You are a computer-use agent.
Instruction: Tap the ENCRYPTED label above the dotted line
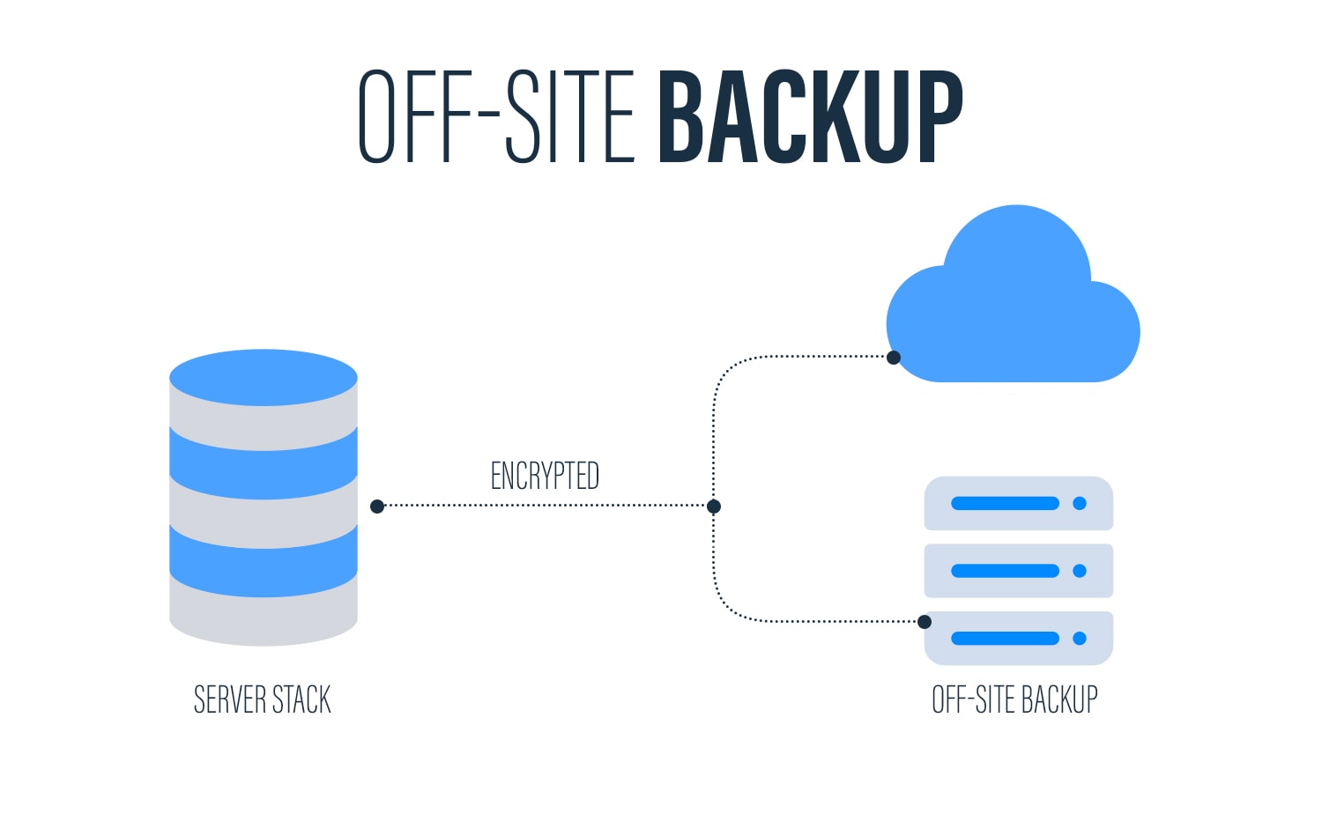click(545, 476)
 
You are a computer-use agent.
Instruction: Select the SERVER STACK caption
click(263, 700)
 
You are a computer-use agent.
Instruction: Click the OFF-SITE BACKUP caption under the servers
click(1014, 700)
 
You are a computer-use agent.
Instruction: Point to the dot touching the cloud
click(894, 358)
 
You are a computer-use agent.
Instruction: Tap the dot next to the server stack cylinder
click(377, 507)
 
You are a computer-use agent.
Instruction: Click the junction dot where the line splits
click(714, 507)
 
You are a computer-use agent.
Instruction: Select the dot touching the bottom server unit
click(925, 622)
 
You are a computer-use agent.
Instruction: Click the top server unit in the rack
click(1018, 504)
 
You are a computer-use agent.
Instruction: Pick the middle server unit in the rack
click(1018, 571)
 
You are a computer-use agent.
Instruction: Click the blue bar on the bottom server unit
click(1005, 639)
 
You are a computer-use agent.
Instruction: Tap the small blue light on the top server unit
click(1080, 504)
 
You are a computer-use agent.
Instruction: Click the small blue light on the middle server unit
click(1080, 571)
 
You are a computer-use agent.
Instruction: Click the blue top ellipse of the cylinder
click(264, 377)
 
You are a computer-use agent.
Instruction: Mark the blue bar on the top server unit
click(1005, 504)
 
